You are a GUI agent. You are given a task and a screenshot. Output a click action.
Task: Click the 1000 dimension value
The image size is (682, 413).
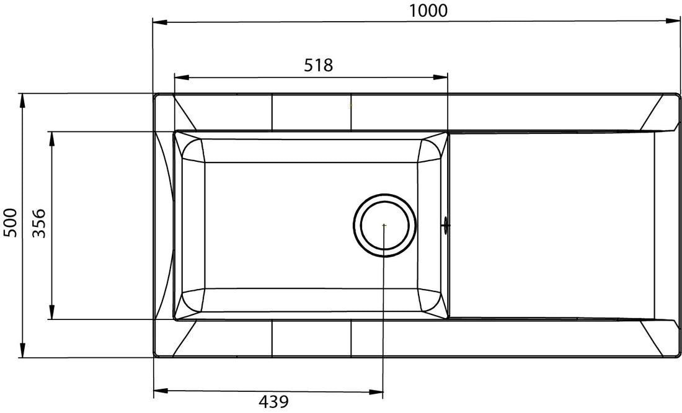pyautogui.click(x=428, y=10)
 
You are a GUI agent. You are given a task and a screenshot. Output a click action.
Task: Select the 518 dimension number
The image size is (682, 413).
pyautogui.click(x=318, y=65)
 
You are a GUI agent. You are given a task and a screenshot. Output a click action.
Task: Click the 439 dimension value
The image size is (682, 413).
pyautogui.click(x=273, y=402)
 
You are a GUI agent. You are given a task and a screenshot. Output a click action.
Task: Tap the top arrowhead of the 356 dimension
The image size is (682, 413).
pyautogui.click(x=51, y=138)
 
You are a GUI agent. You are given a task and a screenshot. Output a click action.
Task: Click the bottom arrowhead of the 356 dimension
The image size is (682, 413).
pyautogui.click(x=51, y=313)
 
